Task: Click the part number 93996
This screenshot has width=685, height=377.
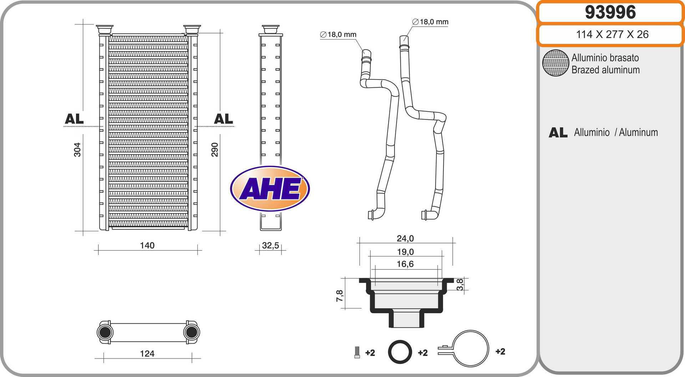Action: tap(610, 12)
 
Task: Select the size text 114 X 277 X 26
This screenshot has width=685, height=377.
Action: tap(612, 34)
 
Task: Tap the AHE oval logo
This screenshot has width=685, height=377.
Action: tap(270, 188)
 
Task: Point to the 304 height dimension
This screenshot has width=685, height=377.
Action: tap(77, 150)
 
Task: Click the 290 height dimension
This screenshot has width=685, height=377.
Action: tap(214, 150)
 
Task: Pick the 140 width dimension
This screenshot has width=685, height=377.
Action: tap(147, 245)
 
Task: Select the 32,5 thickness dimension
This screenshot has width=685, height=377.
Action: tap(270, 246)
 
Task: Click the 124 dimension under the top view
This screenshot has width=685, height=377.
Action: tap(147, 353)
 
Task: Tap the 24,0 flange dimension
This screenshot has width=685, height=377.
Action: tap(405, 238)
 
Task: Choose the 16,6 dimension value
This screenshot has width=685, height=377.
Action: tap(405, 264)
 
